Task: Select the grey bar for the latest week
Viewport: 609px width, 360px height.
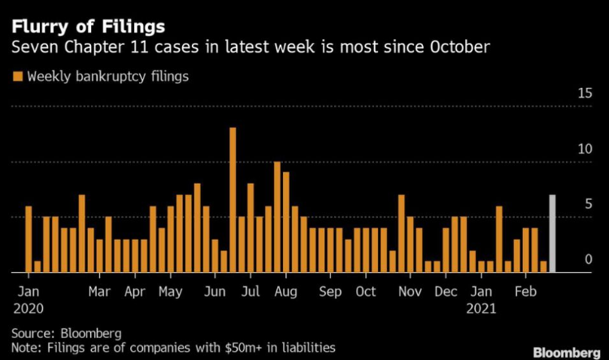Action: click(x=553, y=234)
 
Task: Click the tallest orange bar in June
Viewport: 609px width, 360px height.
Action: click(x=233, y=200)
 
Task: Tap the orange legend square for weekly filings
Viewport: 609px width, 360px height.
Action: click(x=16, y=77)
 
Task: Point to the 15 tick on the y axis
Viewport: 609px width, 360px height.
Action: click(x=584, y=93)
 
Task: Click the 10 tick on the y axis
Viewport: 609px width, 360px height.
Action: click(x=584, y=150)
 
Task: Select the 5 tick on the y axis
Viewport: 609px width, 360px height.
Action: click(x=587, y=205)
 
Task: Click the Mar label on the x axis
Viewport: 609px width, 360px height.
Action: click(x=99, y=292)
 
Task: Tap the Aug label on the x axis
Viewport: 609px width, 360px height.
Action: click(x=285, y=292)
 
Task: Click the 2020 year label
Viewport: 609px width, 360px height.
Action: click(x=28, y=309)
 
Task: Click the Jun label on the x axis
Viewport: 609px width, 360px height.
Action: click(x=215, y=292)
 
